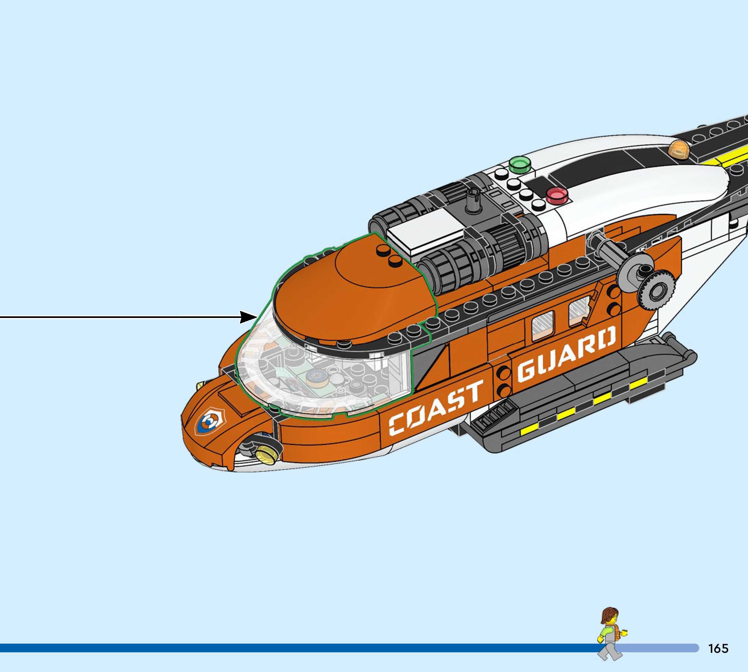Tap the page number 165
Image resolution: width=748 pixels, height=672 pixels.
point(718,648)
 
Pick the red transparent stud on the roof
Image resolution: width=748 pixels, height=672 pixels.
point(557,195)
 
